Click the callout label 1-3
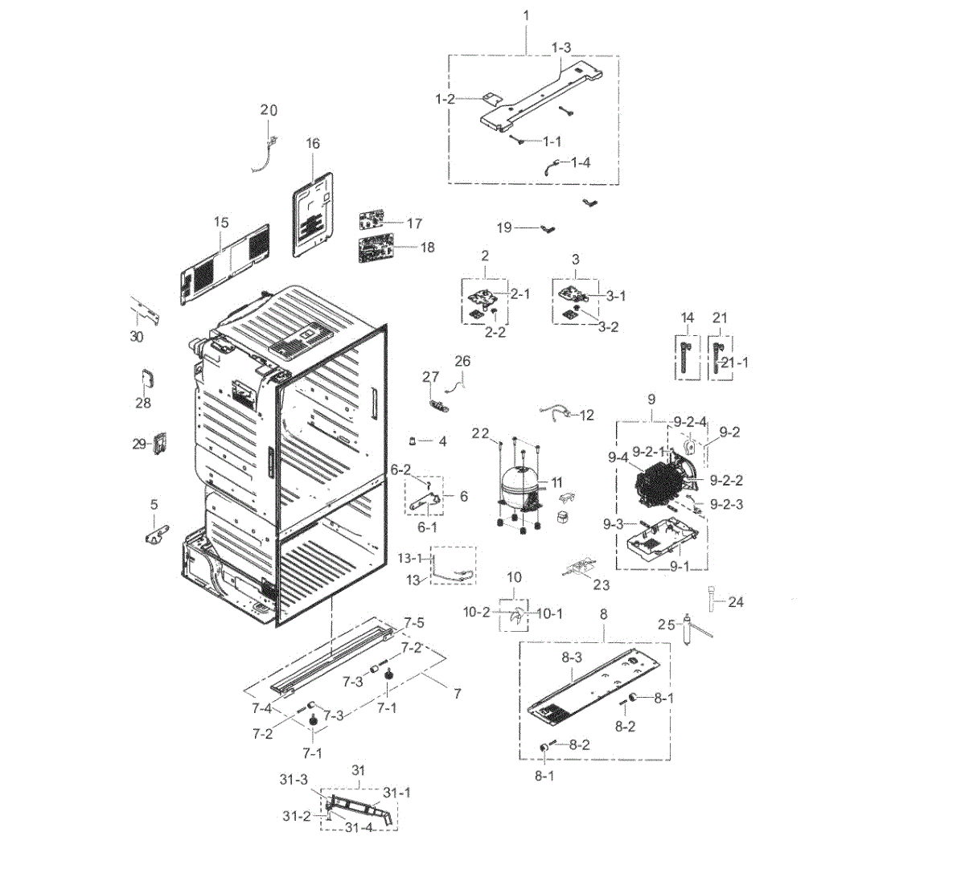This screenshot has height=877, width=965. [x=561, y=47]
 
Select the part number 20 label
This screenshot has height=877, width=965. [x=269, y=110]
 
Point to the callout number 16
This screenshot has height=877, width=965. [x=313, y=143]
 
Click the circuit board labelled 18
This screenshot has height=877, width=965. [x=376, y=248]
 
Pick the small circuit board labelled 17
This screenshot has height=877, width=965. [x=372, y=219]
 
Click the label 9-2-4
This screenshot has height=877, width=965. [x=690, y=422]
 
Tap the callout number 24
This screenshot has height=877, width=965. [x=736, y=602]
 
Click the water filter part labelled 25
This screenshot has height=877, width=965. [x=688, y=629]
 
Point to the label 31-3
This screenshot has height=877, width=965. [x=294, y=780]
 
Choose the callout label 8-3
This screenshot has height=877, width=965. [x=572, y=658]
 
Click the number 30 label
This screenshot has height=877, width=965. [x=137, y=336]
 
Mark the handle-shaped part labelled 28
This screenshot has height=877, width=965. [x=148, y=379]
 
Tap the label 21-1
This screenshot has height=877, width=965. [x=735, y=363]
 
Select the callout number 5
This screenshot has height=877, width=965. [x=154, y=504]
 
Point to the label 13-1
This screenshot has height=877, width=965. [x=409, y=558]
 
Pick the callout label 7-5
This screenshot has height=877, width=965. [x=414, y=622]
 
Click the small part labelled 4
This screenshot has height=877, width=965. [x=412, y=441]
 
